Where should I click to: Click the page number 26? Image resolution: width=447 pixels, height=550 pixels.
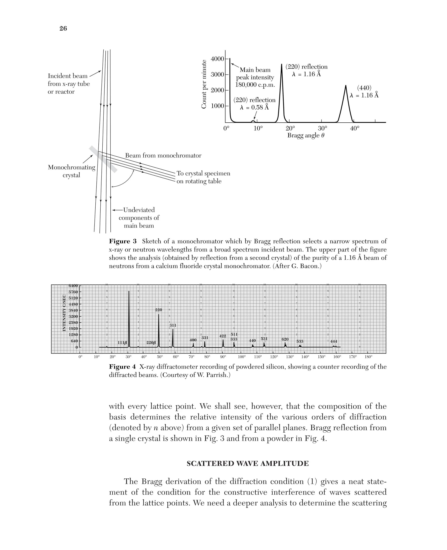pos(63,29)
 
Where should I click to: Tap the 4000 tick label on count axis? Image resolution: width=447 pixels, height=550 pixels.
pos(217,59)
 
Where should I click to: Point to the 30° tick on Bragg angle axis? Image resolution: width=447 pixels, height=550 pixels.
pos(322,128)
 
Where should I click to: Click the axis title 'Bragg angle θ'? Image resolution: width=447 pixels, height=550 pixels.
pos(306,135)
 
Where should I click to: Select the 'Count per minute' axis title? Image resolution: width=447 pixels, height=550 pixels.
pos(204,84)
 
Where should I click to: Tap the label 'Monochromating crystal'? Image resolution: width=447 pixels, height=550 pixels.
pos(71,171)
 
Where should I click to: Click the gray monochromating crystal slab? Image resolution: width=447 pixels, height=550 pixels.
pos(103,159)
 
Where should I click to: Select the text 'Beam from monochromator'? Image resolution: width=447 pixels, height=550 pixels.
pos(163,156)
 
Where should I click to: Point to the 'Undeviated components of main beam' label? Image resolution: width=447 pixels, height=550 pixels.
pos(139,218)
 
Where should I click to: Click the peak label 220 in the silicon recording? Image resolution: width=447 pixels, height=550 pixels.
pos(158,310)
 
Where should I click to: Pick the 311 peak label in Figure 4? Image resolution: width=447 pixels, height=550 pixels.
pos(173,325)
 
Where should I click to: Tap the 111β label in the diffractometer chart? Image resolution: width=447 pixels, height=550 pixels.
pos(122,343)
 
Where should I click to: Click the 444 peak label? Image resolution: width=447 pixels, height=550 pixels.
pos(334,341)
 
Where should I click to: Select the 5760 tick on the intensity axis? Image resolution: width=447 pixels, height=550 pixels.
pos(73,292)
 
